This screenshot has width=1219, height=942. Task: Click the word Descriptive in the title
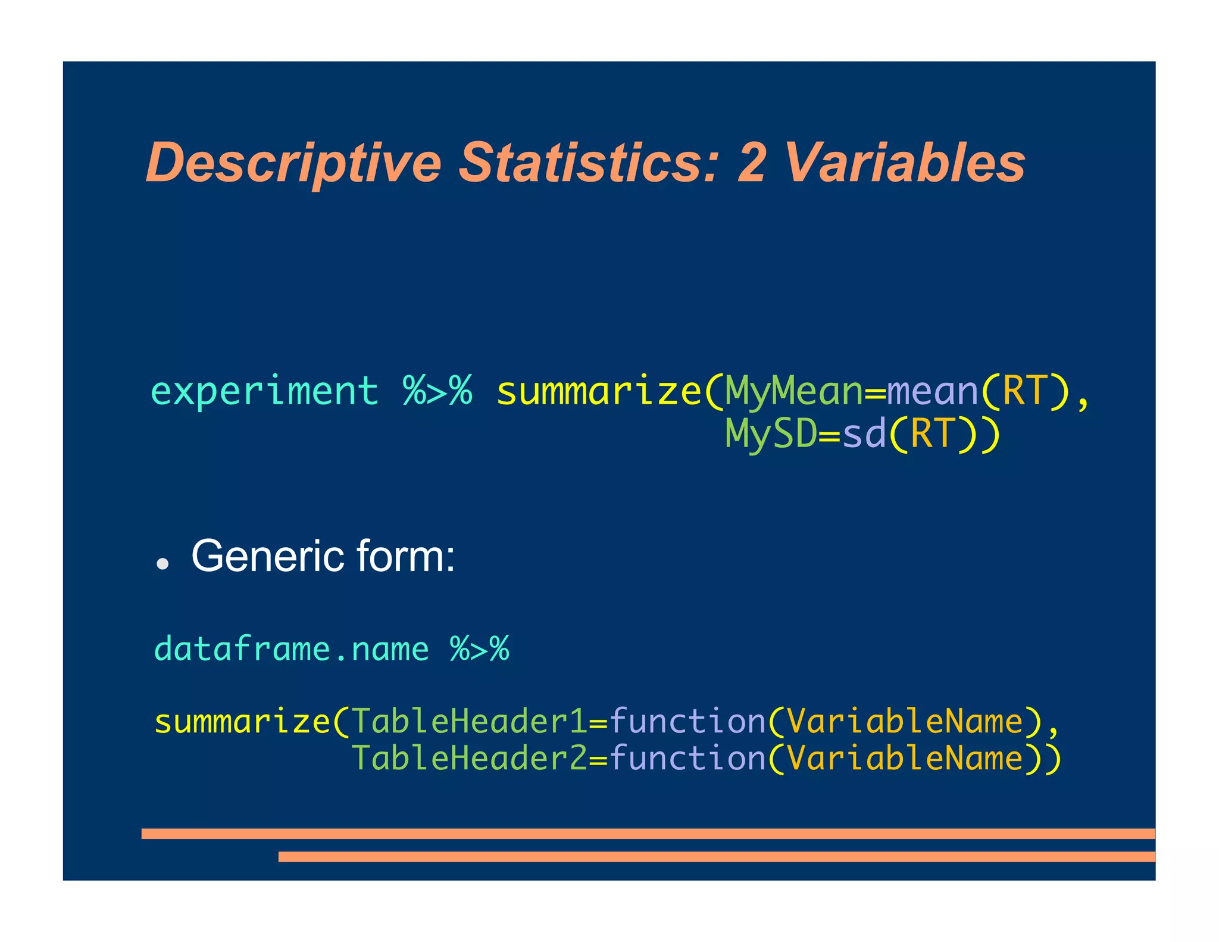(293, 163)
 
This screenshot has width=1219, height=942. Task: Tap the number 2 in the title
(751, 163)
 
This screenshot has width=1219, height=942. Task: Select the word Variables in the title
(904, 163)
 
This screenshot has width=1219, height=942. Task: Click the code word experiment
(264, 392)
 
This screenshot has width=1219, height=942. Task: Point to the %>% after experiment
(437, 392)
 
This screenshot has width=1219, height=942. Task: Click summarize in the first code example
(598, 392)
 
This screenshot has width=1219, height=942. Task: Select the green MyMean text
(793, 392)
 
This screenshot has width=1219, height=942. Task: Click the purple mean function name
(932, 392)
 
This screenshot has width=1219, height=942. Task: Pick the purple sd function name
(864, 434)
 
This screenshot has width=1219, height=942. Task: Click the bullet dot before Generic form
(162, 563)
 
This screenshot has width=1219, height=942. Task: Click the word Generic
(268, 556)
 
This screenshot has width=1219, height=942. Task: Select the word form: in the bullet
(405, 556)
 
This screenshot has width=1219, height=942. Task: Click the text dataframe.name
(291, 649)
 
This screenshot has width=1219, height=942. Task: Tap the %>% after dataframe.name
(479, 649)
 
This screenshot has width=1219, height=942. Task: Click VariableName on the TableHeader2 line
(904, 759)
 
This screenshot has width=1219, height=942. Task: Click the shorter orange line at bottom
(716, 857)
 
